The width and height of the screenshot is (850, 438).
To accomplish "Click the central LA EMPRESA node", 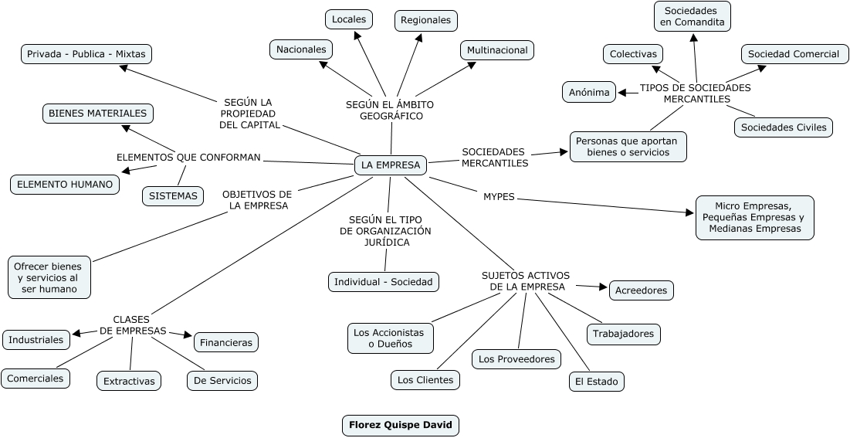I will tap(391, 165).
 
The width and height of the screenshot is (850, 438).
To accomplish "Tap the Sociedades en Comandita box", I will tap(693, 16).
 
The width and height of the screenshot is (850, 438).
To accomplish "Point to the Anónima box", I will tap(589, 92).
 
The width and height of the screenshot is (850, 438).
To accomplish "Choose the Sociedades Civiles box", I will tap(783, 127).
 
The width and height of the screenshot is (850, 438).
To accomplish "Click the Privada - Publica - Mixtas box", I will tap(86, 54).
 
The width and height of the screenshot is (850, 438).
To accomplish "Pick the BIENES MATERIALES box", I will tap(97, 114).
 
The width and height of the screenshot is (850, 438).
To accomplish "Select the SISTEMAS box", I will tap(173, 196).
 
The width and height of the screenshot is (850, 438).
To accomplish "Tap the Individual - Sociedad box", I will tap(384, 282).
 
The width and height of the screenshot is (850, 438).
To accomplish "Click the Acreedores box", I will tap(642, 290).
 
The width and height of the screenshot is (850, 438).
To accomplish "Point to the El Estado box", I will tap(596, 382).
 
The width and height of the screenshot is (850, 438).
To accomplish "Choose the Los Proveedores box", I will tap(516, 359).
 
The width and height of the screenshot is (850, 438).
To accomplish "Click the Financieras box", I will tap(226, 341).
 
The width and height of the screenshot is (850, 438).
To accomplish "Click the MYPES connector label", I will tap(499, 197).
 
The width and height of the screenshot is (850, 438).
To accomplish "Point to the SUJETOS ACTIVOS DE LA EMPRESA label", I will tap(527, 280).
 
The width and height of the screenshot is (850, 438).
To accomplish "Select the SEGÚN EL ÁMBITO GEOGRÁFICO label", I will tap(391, 110).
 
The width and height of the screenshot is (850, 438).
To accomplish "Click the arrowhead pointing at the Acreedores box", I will tap(603, 287).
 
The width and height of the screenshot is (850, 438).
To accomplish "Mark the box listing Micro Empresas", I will tap(754, 218).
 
